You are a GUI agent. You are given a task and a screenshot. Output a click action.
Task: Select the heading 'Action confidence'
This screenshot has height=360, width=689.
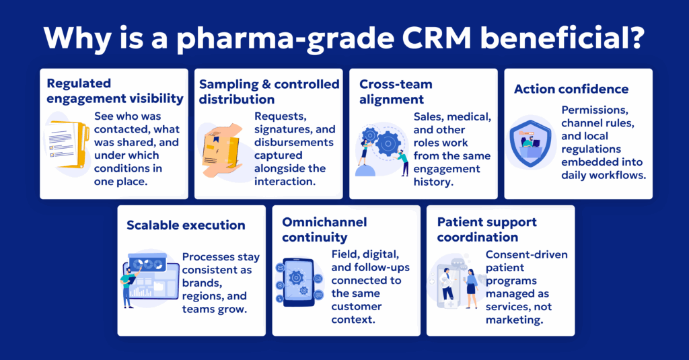[x=571, y=89]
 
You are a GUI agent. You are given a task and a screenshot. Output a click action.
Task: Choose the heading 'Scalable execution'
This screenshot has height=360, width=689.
[x=186, y=225]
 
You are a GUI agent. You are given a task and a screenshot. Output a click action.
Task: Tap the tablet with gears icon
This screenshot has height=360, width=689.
[x=299, y=281]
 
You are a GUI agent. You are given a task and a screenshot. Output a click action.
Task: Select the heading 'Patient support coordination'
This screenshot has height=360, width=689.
[x=487, y=229]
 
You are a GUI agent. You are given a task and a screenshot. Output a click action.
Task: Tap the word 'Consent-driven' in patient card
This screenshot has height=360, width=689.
[x=526, y=254]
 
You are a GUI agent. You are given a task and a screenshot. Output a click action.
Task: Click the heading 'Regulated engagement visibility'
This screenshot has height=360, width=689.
[x=114, y=92]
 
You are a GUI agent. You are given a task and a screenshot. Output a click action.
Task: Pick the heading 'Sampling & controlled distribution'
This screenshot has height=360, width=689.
[x=269, y=92]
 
